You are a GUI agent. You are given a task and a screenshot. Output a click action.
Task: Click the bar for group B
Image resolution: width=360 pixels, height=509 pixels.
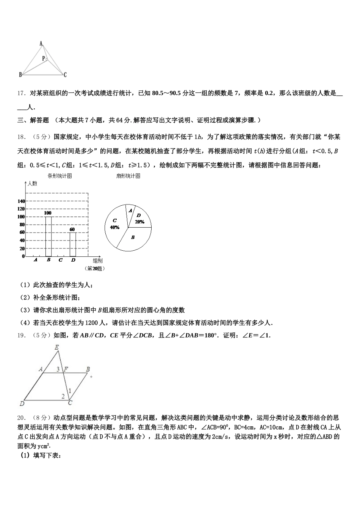click(48, 236)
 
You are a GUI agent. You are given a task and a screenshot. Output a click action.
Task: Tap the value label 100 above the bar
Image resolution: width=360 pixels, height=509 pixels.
click(48, 213)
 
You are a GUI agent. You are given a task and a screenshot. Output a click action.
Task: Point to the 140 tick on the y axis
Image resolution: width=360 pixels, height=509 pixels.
click(21, 201)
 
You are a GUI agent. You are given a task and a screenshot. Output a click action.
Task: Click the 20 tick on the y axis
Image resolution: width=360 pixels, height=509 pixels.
click(22, 248)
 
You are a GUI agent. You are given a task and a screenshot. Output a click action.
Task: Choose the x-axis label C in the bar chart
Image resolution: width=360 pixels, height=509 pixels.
click(61, 260)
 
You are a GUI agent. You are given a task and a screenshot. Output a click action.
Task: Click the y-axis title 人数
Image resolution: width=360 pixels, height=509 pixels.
click(33, 184)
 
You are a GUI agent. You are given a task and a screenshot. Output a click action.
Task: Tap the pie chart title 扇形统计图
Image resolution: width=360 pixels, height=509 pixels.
click(128, 176)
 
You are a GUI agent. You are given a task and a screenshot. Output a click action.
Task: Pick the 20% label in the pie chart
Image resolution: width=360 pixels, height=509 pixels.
click(139, 222)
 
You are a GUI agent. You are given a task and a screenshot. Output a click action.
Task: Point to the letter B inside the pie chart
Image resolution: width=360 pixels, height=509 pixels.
click(133, 237)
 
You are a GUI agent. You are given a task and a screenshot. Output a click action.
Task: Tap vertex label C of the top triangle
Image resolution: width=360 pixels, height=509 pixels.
click(65, 75)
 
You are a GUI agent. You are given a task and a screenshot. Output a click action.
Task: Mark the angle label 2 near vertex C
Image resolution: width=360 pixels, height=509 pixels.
click(63, 396)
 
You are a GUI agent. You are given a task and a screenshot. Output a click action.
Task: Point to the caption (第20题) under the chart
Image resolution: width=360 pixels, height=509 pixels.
click(95, 269)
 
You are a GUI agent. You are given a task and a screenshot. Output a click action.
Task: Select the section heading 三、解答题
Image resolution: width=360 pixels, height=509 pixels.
click(33, 120)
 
